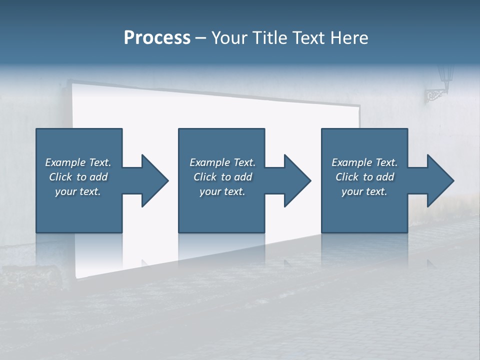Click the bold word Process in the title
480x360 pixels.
click(157, 37)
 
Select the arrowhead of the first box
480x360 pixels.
click(153, 180)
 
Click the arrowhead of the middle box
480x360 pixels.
click(295, 180)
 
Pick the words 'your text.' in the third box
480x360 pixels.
click(364, 191)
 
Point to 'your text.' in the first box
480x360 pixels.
click(78, 191)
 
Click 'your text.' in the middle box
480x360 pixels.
click(222, 191)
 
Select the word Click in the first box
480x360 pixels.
click(60, 177)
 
